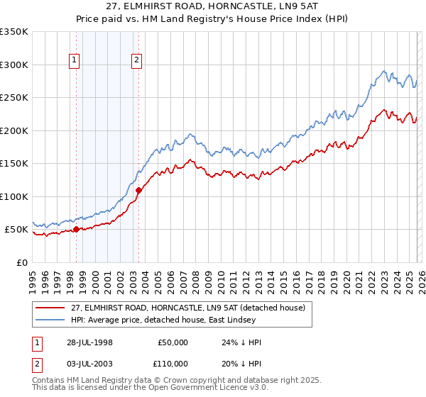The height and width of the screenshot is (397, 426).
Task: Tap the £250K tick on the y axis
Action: point(14,98)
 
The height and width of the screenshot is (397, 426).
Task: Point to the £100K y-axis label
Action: point(14,196)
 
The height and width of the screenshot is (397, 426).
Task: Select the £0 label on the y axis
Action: point(21,262)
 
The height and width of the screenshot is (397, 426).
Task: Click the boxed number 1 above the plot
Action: point(75,61)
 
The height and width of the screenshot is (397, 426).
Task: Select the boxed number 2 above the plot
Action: point(136,61)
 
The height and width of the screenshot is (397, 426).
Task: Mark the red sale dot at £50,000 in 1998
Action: point(77,229)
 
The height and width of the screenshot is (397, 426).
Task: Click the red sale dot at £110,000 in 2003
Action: point(138,190)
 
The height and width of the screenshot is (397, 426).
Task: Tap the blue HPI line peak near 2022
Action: point(383,71)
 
